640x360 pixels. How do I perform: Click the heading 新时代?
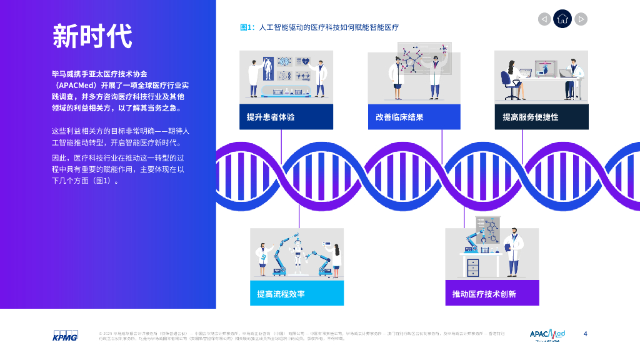91,36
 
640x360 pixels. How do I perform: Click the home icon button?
562,19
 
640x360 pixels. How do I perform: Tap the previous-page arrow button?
544,19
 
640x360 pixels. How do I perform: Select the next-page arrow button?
581,19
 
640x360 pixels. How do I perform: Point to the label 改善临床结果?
399,117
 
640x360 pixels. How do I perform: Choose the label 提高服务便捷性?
531,117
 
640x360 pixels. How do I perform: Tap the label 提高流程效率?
281,294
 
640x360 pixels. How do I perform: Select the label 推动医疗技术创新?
484,294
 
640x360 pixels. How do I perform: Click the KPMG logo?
64,335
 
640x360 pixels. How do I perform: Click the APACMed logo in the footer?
547,335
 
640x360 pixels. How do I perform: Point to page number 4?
585,334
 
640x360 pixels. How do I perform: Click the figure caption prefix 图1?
247,27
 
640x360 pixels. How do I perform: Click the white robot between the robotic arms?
297,257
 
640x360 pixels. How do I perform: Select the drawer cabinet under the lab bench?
473,267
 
